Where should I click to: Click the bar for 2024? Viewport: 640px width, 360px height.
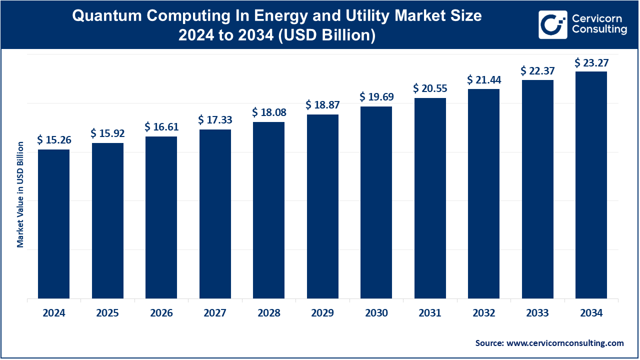point(53,224)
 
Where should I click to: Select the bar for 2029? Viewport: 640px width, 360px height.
point(322,206)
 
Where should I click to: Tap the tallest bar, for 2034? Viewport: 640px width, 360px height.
point(591,185)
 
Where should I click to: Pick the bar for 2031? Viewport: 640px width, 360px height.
point(430,198)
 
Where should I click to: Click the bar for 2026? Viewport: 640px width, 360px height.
point(161,217)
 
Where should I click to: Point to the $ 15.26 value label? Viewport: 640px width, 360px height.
point(54,140)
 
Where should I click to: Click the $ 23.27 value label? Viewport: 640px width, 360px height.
point(591,62)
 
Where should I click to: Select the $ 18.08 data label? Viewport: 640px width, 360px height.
point(269,112)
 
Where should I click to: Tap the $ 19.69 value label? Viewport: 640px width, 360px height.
point(376,97)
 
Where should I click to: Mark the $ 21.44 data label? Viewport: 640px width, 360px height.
point(484,79)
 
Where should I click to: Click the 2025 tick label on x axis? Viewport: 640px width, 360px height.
point(107,313)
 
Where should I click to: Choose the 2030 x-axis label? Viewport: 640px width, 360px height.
point(376,313)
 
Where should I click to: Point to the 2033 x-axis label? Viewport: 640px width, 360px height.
point(537,313)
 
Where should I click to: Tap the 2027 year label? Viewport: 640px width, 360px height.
point(215,313)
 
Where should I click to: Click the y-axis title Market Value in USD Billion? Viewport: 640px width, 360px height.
point(20,194)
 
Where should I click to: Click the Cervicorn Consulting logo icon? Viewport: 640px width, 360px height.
point(552,24)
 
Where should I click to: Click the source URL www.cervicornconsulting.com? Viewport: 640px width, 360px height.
point(565,343)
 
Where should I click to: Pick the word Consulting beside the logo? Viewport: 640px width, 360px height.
point(599,29)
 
